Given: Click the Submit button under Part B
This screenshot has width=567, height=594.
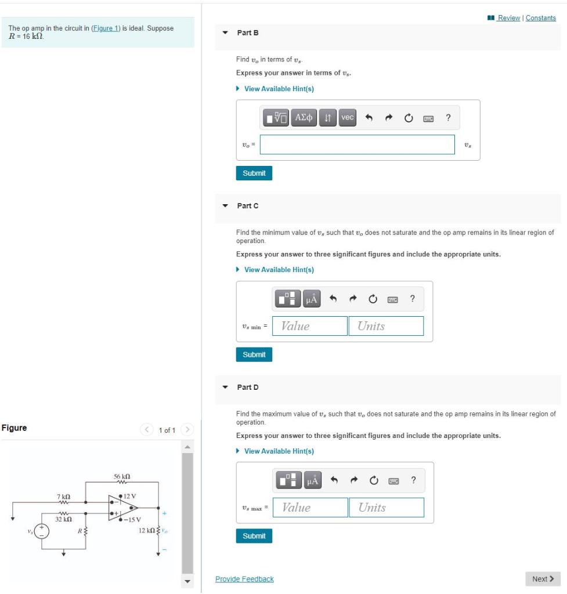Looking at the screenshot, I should [254, 173].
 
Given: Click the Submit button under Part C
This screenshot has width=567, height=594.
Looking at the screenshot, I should [254, 354].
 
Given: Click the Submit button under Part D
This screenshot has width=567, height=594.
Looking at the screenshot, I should [254, 536].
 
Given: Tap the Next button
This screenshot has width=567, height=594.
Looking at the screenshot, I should [543, 579].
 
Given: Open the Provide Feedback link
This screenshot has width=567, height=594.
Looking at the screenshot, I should [244, 579].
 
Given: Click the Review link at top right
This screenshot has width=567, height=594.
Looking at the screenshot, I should [508, 18].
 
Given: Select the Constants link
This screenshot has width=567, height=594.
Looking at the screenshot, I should [541, 18].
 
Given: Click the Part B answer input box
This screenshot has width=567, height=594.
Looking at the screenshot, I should [357, 145].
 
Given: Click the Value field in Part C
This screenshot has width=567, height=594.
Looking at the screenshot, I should [309, 326].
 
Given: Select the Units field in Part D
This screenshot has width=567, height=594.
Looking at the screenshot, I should [386, 508].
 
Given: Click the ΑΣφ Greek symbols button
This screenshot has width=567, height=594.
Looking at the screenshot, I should [304, 118].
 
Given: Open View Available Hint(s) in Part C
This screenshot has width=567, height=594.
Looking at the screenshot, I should [279, 270].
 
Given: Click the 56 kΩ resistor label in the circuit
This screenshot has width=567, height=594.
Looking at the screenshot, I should [121, 476].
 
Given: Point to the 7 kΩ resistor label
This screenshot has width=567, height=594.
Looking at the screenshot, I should [64, 497].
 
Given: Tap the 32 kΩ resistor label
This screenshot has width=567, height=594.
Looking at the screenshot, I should [63, 519].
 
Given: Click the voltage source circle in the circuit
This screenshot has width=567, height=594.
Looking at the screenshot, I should [41, 531].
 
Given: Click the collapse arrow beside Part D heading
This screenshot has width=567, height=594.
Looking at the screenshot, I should [225, 387].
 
